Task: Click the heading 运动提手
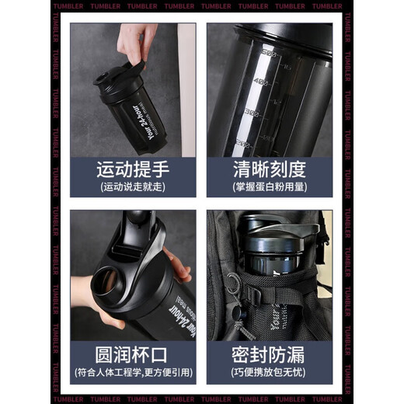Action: click(x=133, y=168)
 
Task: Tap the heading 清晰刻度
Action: click(x=269, y=168)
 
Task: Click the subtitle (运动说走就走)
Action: click(x=133, y=187)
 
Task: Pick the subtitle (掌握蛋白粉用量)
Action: click(x=269, y=187)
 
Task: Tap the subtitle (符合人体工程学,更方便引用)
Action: click(x=133, y=374)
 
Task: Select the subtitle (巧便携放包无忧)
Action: click(x=269, y=374)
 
